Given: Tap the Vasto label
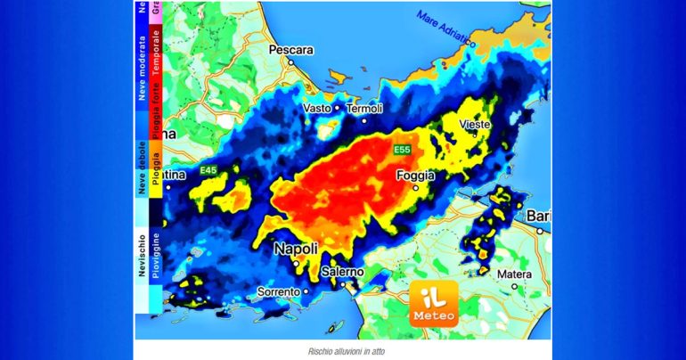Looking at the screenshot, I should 317,108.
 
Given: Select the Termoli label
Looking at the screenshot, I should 364,108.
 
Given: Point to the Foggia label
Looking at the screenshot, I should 416,176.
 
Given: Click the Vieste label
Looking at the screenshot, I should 475,125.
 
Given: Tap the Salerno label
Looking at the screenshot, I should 341,271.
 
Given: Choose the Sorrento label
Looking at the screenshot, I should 279,291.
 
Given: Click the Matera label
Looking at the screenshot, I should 514,274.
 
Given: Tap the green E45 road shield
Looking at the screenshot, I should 208,169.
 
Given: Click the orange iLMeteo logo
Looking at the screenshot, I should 434,303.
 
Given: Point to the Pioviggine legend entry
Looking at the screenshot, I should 156,254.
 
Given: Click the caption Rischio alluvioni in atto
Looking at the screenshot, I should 342,351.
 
